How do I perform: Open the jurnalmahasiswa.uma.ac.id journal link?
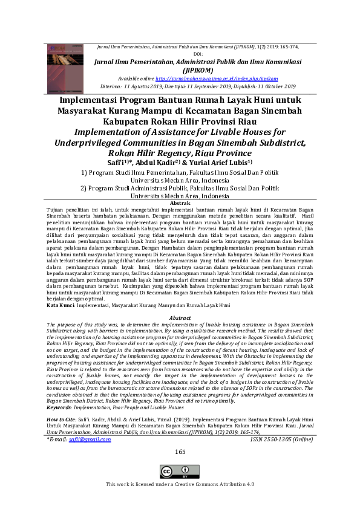tap(217, 79)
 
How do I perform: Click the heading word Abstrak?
tap(180, 204)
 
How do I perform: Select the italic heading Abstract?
tap(180, 317)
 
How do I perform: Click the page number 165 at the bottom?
tap(180, 452)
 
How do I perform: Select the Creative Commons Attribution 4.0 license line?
tap(180, 484)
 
